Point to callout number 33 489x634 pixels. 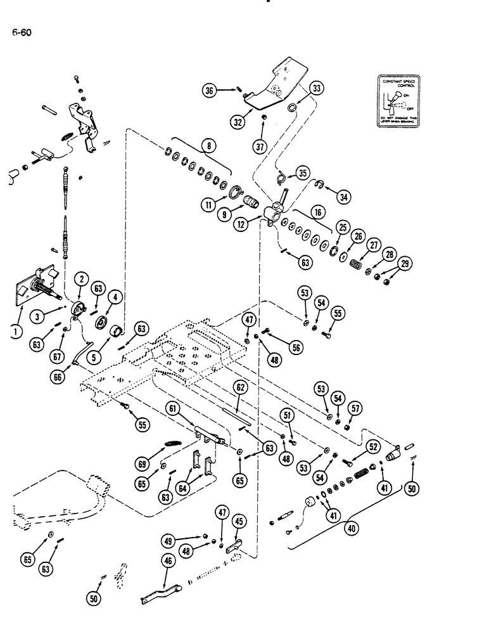[x=317, y=88]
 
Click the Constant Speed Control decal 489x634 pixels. [x=400, y=100]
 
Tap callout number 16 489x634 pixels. [x=319, y=209]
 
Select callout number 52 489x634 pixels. [x=373, y=447]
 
